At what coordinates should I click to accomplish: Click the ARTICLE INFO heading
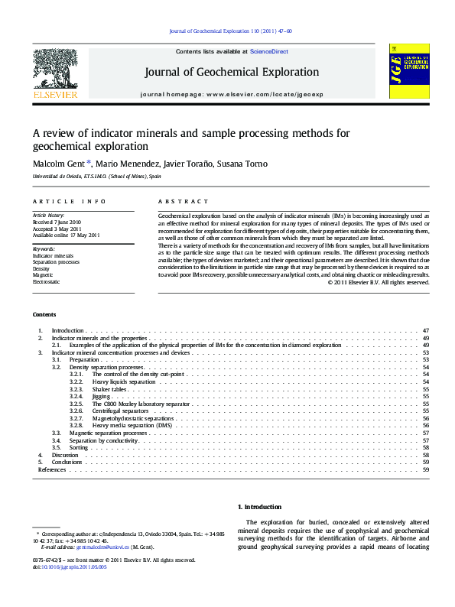coord(69,201)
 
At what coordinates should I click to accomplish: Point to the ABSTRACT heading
coord(177,201)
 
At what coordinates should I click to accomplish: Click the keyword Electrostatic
coord(46,282)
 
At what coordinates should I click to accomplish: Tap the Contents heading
coord(44,315)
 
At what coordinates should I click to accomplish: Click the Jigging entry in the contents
coord(102,396)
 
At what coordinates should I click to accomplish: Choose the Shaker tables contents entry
coord(109,389)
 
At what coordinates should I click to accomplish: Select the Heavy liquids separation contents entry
coord(123,381)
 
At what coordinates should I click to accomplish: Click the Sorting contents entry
coord(79,447)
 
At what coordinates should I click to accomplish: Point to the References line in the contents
coord(51,469)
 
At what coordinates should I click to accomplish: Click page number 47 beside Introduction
coord(425,330)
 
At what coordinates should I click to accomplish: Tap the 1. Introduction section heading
coord(260,507)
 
